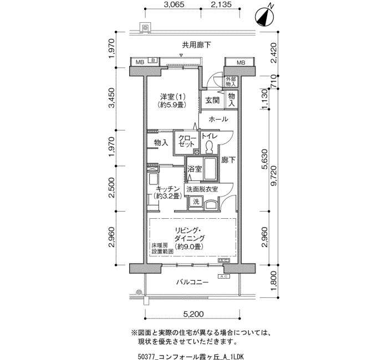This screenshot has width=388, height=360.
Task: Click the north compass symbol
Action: (x=264, y=17)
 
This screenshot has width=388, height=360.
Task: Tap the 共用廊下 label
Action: (x=196, y=45)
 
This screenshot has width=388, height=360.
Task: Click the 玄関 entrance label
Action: (x=212, y=100)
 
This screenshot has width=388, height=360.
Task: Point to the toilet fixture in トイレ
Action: (x=210, y=147)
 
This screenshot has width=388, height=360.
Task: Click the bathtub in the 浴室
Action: (x=210, y=169)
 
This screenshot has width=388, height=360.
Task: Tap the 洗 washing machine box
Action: (x=196, y=202)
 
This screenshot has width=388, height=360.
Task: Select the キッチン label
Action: (x=168, y=189)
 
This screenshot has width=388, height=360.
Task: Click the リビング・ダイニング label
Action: (x=190, y=234)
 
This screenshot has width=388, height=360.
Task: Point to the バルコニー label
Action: (x=192, y=282)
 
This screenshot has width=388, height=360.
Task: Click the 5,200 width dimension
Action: (x=193, y=314)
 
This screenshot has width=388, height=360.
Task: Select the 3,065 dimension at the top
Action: (x=174, y=4)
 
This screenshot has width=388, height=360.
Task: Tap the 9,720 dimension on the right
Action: (x=274, y=176)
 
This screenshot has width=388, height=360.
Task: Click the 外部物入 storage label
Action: (x=231, y=81)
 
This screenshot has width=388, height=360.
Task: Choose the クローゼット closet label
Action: (x=187, y=141)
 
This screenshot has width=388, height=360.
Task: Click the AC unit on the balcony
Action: (x=224, y=276)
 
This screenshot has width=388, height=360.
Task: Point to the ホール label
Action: (x=218, y=119)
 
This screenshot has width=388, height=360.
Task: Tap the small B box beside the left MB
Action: (x=153, y=60)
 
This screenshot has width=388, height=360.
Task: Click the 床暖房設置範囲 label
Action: (x=162, y=248)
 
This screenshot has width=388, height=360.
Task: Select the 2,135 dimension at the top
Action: (x=221, y=4)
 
